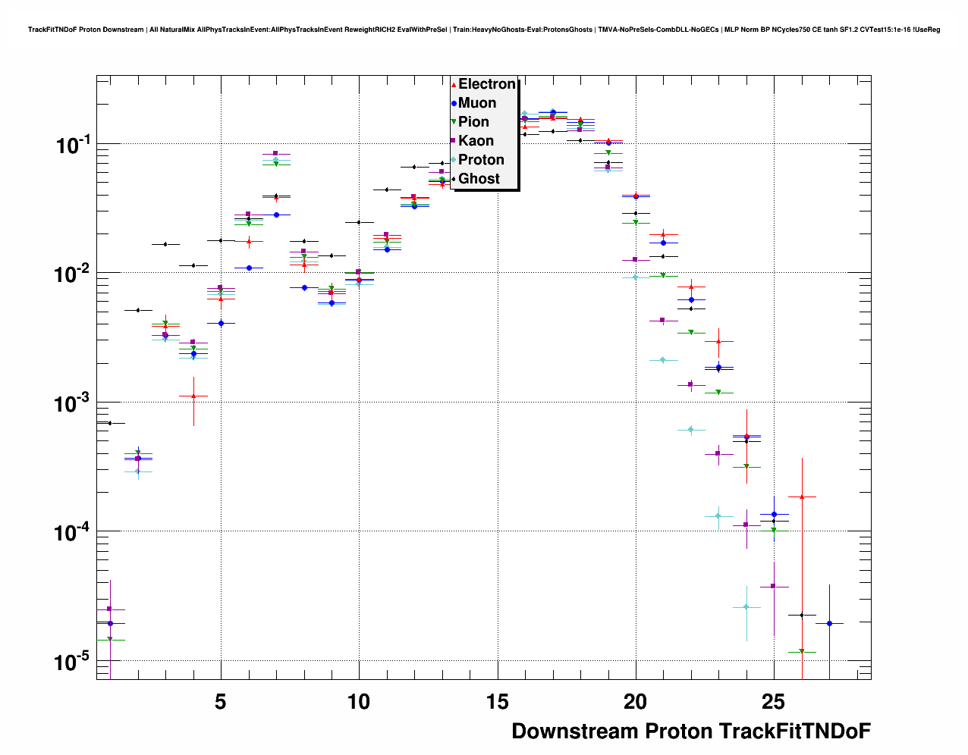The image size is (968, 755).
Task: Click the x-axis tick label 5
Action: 221,702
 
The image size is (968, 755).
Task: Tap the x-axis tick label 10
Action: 359,702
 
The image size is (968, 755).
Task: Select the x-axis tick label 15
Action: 497,702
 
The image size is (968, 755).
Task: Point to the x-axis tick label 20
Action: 636,702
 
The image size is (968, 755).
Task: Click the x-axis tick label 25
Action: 774,702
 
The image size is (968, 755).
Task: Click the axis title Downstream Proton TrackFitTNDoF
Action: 690,732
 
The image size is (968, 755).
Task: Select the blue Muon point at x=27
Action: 829,623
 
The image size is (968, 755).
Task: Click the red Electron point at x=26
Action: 802,497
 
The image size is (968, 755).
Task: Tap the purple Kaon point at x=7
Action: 275,153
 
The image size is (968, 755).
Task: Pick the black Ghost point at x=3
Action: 165,244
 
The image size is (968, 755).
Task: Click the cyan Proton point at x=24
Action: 746,607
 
